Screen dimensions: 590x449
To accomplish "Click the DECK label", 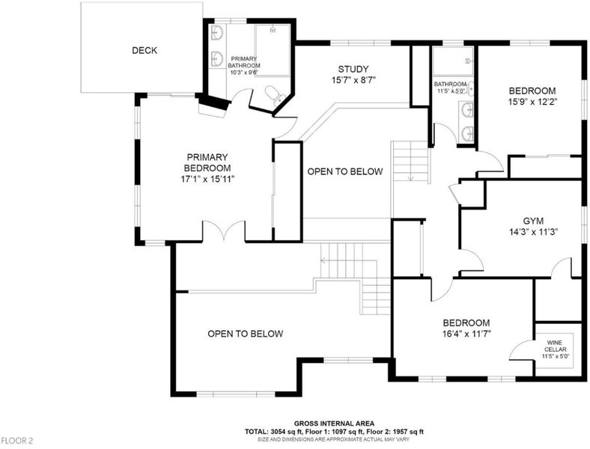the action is pyautogui.click(x=145, y=50).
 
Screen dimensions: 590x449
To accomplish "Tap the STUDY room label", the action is pyautogui.click(x=353, y=69).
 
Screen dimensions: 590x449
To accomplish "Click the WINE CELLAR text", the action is pyautogui.click(x=555, y=346).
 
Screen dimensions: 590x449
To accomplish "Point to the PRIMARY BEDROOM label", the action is pyautogui.click(x=207, y=162).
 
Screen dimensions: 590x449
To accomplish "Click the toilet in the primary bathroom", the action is pyautogui.click(x=274, y=95).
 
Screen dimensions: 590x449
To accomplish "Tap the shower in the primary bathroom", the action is pyautogui.click(x=273, y=49).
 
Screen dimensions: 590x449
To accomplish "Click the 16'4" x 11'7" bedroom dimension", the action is pyautogui.click(x=466, y=334).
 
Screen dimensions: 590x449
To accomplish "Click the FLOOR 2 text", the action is pyautogui.click(x=17, y=441).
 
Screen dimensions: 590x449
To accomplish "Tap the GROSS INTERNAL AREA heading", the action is pyautogui.click(x=334, y=424).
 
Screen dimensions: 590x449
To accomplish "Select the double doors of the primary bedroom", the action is pyautogui.click(x=225, y=230).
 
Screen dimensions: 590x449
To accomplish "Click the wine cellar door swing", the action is pyautogui.click(x=521, y=349).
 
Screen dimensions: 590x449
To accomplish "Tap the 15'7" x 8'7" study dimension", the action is pyautogui.click(x=353, y=80).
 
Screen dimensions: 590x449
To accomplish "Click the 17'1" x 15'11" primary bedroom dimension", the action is pyautogui.click(x=207, y=179).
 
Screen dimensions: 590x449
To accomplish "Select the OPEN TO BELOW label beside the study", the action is pyautogui.click(x=345, y=171).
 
